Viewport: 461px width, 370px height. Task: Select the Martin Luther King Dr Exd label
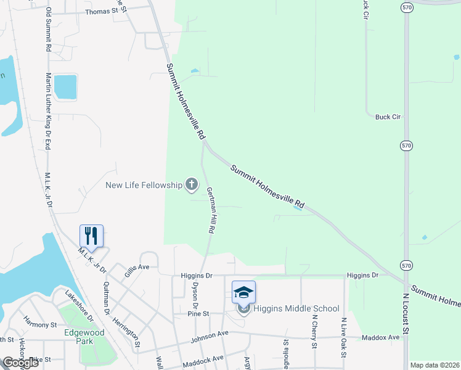pyautogui.click(x=48, y=111)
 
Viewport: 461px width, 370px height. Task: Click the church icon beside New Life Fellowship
pyautogui.click(x=192, y=184)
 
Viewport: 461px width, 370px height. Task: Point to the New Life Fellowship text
pyautogui.click(x=144, y=184)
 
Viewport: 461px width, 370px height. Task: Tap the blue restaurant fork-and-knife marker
pyautogui.click(x=91, y=236)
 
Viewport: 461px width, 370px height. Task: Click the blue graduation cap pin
pyautogui.click(x=243, y=291)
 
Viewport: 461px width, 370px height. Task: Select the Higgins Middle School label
pyautogui.click(x=296, y=309)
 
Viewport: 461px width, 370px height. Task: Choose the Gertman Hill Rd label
pyautogui.click(x=211, y=210)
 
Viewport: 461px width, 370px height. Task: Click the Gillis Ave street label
pyautogui.click(x=137, y=268)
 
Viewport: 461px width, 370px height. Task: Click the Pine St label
pyautogui.click(x=199, y=314)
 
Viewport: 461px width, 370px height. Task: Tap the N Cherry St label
pyautogui.click(x=314, y=332)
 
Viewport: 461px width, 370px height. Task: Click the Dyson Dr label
pyautogui.click(x=194, y=296)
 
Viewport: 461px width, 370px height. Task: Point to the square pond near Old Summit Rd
pyautogui.click(x=65, y=86)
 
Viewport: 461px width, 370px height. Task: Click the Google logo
pyautogui.click(x=20, y=363)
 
